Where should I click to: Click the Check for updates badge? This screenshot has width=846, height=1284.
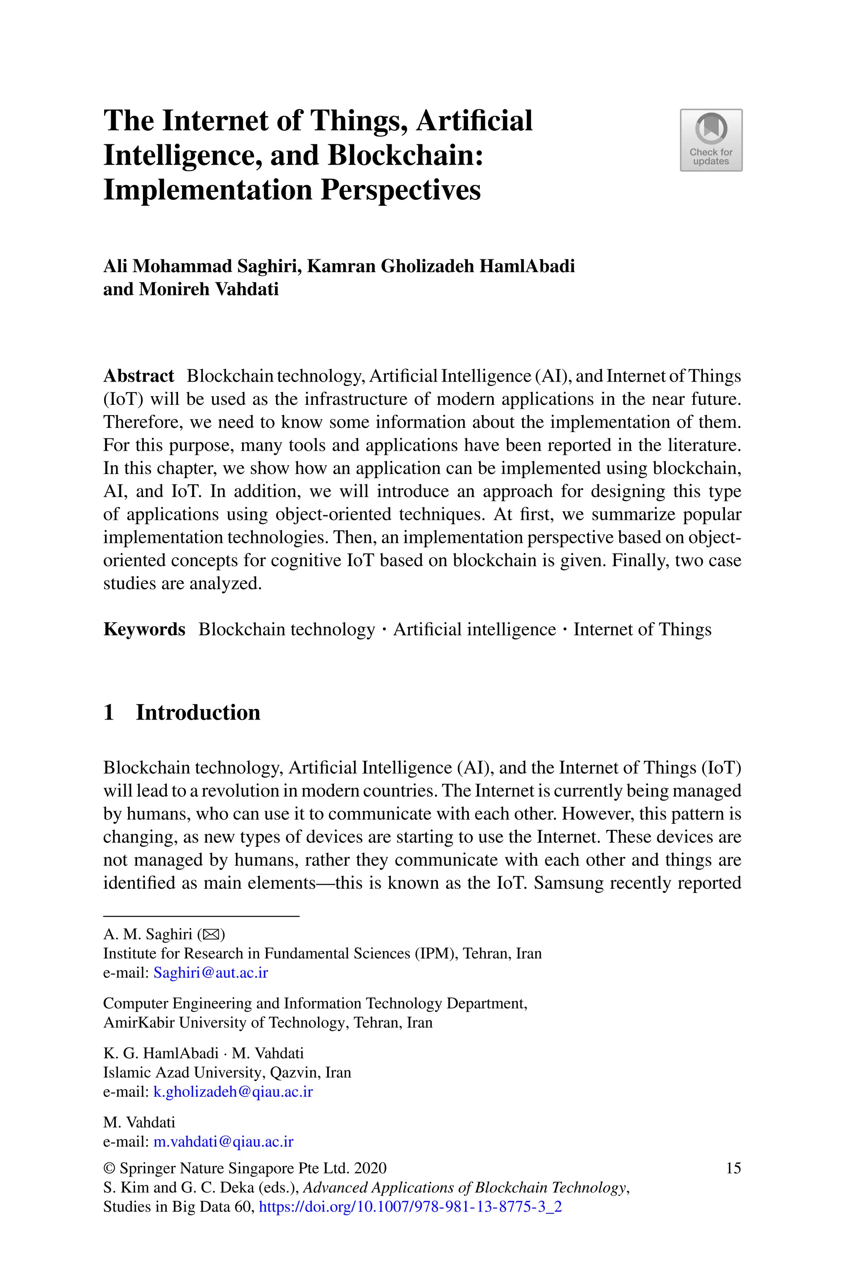pos(711,140)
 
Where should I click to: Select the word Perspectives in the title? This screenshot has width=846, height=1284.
pos(400,190)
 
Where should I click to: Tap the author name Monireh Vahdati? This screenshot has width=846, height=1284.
pos(209,289)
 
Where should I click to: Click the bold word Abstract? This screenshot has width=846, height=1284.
pos(139,376)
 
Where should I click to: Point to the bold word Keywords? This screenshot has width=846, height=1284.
pos(144,629)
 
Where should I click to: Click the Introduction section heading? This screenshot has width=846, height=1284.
pos(197,713)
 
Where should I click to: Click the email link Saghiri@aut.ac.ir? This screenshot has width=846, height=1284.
pos(210,973)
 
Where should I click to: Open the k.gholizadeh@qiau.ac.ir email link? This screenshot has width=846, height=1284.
pos(233,1092)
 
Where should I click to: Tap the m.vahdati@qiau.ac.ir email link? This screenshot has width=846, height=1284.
pos(223,1142)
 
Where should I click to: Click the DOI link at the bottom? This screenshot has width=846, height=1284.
pos(410,1207)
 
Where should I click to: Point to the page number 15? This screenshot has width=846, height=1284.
pos(733,1169)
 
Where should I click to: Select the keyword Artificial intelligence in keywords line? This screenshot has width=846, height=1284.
pos(474,629)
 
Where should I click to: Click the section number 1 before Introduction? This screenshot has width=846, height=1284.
pos(109,713)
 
